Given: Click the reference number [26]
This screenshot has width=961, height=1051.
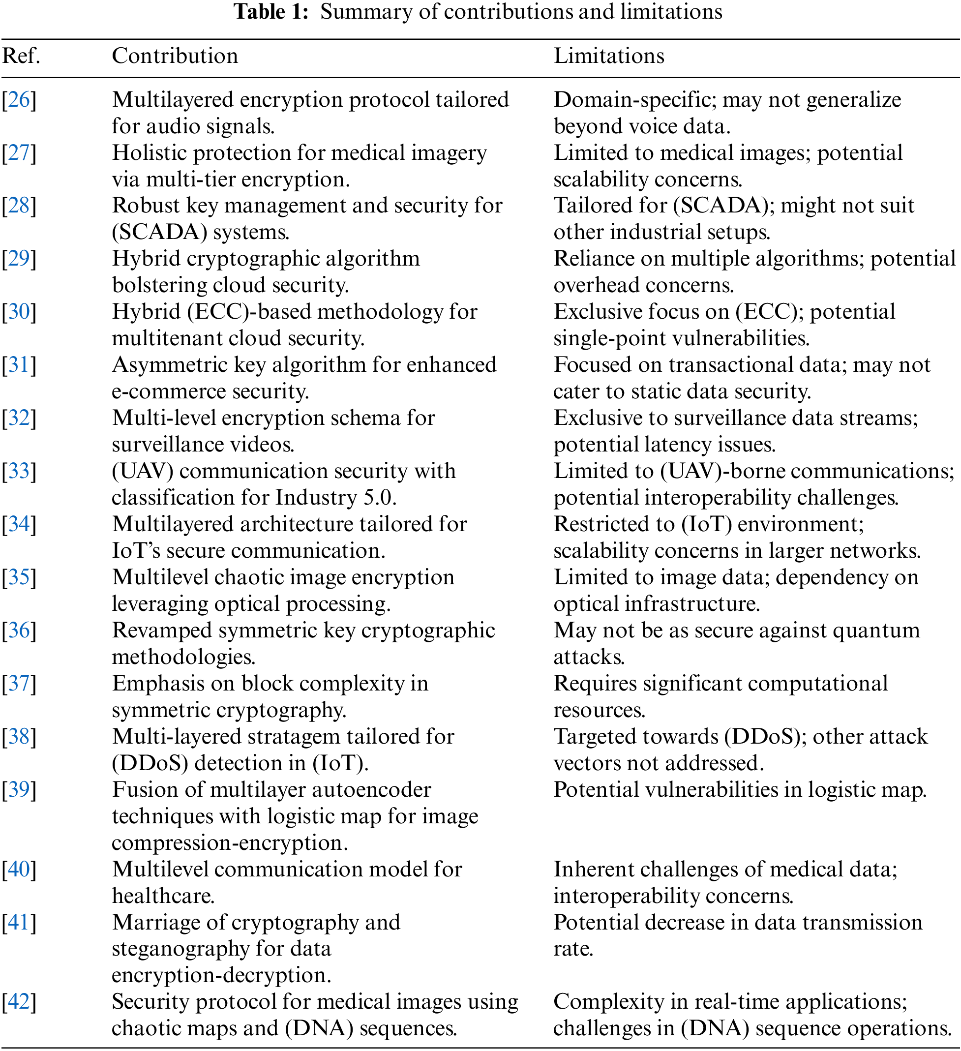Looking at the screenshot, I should (x=19, y=99).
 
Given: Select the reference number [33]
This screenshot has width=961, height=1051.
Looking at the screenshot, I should (x=19, y=471).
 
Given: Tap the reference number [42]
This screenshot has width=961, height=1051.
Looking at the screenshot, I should (x=19, y=1002).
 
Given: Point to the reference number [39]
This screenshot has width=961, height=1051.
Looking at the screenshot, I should (x=19, y=790).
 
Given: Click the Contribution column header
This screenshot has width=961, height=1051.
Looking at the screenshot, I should (x=175, y=56).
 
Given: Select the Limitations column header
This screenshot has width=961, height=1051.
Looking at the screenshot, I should (x=608, y=56).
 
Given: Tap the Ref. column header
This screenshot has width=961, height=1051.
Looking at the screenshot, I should (x=21, y=56).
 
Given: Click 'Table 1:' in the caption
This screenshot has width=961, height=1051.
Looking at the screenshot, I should (x=271, y=11).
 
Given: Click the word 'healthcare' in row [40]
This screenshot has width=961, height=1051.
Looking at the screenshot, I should (x=162, y=896).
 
